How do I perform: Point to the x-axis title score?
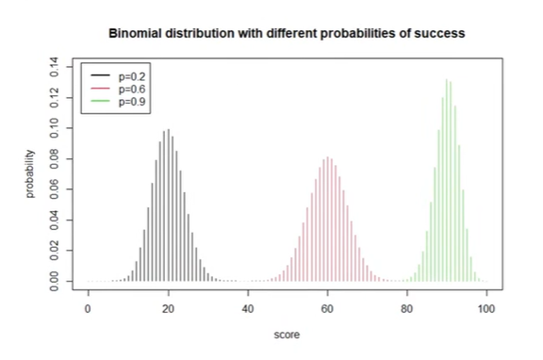[287, 334]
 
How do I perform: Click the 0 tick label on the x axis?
[88, 307]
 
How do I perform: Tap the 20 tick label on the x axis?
[168, 307]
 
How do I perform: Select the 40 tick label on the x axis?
[247, 307]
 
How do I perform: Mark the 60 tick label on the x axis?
[327, 307]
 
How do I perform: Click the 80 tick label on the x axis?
[406, 307]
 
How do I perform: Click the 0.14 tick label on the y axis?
[55, 65]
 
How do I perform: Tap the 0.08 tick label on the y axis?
[55, 157]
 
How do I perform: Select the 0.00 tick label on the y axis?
[55, 281]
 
